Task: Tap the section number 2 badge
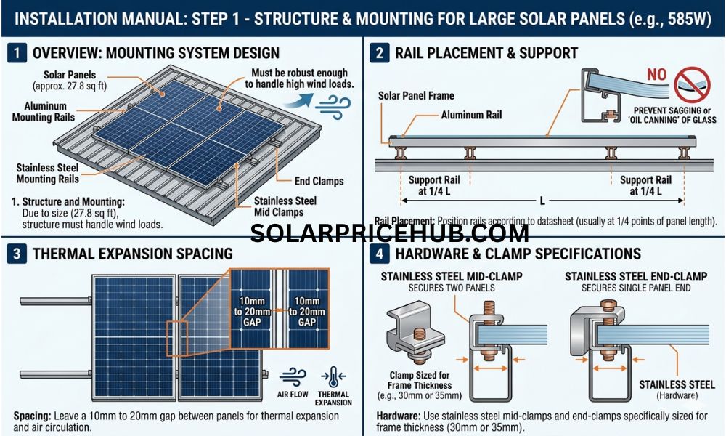pos(379,52)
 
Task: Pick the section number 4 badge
pos(379,253)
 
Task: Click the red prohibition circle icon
pos(691,82)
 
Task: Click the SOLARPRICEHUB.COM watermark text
pos(390,233)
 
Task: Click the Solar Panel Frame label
pos(416,96)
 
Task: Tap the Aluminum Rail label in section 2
pos(471,115)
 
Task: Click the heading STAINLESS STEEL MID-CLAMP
pos(451,276)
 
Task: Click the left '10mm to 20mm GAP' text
pos(248,312)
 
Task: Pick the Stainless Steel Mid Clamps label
pos(285,207)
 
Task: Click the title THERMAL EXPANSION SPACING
pos(133,254)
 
